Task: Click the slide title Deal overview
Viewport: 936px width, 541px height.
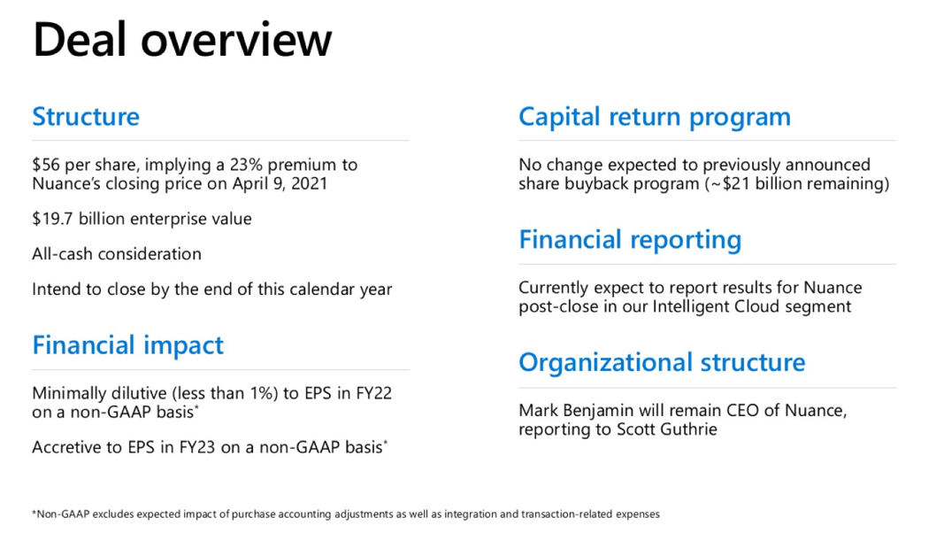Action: point(182,40)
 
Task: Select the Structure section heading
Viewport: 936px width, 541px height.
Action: point(86,117)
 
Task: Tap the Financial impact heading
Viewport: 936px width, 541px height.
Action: point(127,345)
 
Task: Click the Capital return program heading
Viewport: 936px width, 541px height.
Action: point(655,118)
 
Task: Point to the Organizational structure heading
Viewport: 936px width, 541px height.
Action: point(662,363)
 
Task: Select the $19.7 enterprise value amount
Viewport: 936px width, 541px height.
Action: point(52,220)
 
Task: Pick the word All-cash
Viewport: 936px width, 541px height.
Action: point(63,254)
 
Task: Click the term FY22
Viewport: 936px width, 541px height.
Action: point(373,393)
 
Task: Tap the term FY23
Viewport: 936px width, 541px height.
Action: point(197,448)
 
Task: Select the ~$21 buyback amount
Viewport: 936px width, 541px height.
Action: point(728,184)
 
